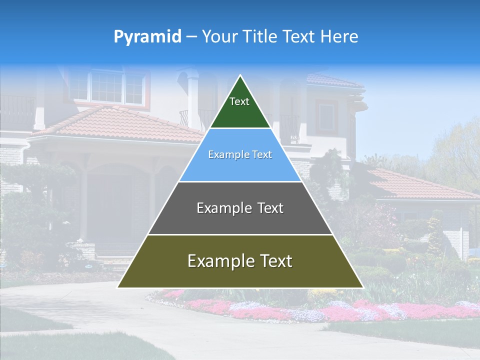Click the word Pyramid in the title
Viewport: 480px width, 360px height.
tap(147, 37)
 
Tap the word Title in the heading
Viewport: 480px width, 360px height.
tap(261, 36)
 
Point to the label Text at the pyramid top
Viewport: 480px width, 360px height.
tap(239, 101)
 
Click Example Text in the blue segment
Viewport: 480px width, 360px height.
tap(240, 154)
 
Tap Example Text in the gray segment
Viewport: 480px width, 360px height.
tap(240, 208)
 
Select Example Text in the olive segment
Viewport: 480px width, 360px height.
tap(240, 261)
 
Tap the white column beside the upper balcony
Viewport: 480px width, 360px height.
tap(192, 100)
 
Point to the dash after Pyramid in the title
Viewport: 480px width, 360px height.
tap(191, 37)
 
